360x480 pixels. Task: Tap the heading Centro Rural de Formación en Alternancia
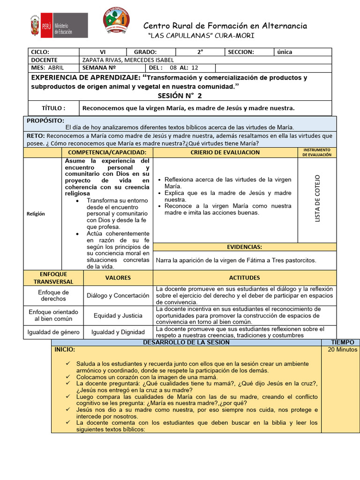225,26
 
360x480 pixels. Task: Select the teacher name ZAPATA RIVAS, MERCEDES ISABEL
128,60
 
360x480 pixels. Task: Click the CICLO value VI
103,52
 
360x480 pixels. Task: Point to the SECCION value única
285,52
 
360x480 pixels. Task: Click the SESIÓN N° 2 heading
180,96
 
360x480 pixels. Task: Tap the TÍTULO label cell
54,108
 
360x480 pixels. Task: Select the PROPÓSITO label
45,121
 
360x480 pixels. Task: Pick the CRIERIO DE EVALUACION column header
225,152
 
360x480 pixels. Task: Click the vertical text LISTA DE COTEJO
317,198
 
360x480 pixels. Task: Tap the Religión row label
36,214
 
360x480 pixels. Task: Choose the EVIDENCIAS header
244,247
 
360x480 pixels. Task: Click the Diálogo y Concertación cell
118,296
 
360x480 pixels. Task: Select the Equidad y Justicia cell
118,315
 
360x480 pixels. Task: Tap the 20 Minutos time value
343,350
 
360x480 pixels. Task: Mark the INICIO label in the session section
64,350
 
